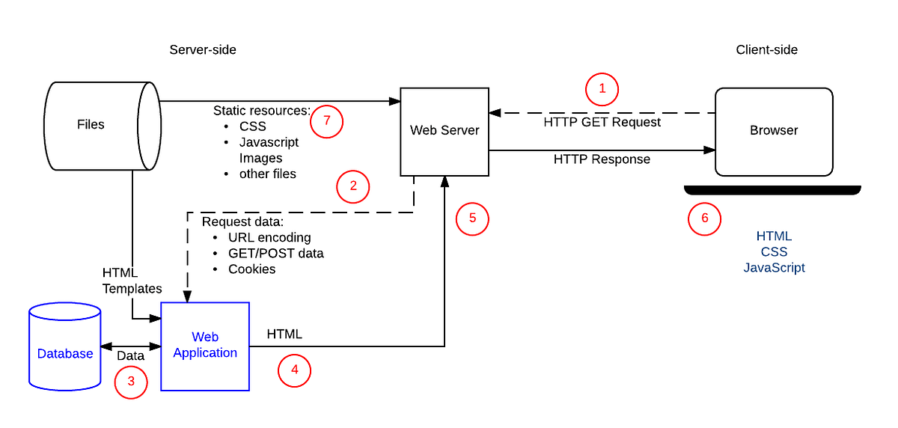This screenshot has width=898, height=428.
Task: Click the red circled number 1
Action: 602,90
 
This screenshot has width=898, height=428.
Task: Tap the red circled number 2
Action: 353,187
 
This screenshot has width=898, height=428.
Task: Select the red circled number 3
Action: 131,381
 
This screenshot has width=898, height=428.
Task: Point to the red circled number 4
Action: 294,370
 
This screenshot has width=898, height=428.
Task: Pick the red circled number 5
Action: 472,218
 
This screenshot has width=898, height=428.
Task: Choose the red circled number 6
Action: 704,219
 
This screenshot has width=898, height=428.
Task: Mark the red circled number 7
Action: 326,122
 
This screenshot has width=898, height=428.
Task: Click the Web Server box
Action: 445,131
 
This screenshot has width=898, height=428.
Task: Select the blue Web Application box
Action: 205,346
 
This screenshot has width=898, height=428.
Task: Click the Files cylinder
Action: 92,124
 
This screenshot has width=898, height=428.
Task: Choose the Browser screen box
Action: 774,130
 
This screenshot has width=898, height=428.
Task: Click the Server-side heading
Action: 203,50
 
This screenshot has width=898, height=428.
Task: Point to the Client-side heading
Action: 767,50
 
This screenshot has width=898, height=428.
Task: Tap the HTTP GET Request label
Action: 602,122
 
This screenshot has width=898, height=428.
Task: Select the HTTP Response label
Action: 602,159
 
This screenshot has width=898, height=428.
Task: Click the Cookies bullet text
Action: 252,269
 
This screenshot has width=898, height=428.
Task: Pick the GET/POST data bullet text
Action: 276,253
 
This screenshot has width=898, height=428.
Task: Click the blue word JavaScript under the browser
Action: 774,267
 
